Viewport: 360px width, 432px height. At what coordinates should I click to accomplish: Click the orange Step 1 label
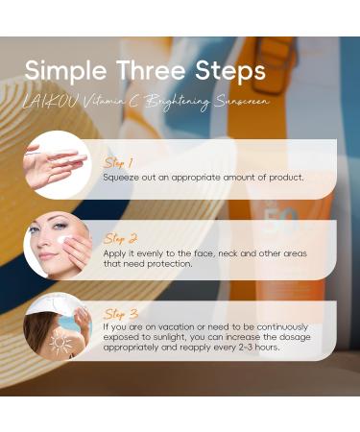119,163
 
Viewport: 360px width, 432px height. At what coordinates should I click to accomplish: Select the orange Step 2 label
120,237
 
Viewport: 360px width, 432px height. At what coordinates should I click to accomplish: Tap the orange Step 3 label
120,313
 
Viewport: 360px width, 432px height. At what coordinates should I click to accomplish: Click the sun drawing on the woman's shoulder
60,343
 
